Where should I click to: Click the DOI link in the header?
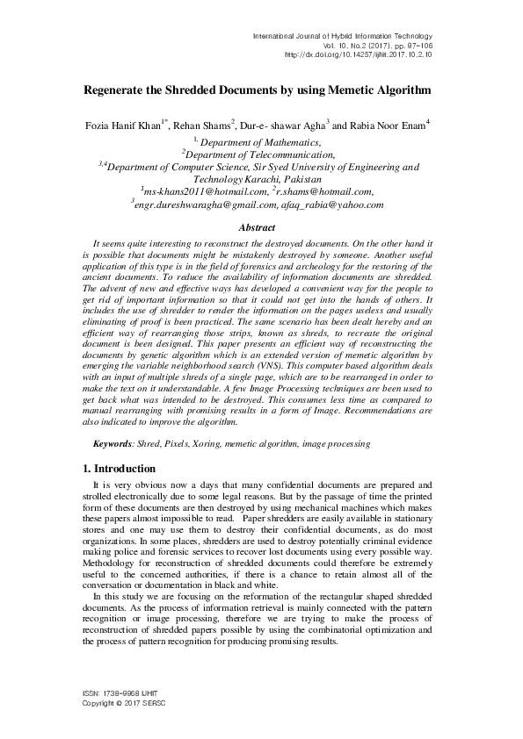[360, 54]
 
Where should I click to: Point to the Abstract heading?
[261, 227]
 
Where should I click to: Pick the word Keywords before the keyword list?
[113, 446]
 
